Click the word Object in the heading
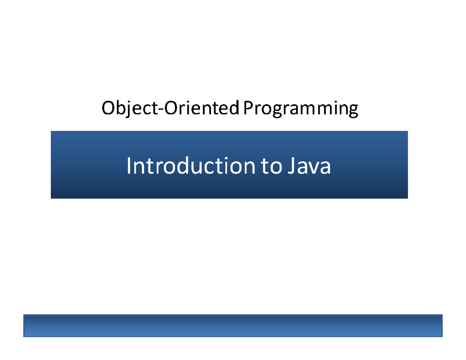[x=128, y=109]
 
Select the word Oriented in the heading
[x=201, y=108]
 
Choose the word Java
[x=309, y=167]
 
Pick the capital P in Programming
[x=247, y=108]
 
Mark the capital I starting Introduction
[x=129, y=166]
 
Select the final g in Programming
[x=353, y=111]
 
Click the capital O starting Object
[x=108, y=108]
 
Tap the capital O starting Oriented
[x=169, y=108]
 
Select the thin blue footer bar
[x=233, y=326]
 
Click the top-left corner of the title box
[x=51, y=132]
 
